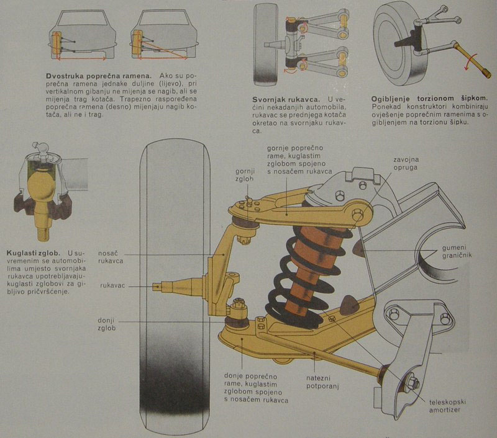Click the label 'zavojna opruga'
407,163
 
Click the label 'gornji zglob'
245,175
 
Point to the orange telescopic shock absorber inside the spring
307,261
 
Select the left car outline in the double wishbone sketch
80,34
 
